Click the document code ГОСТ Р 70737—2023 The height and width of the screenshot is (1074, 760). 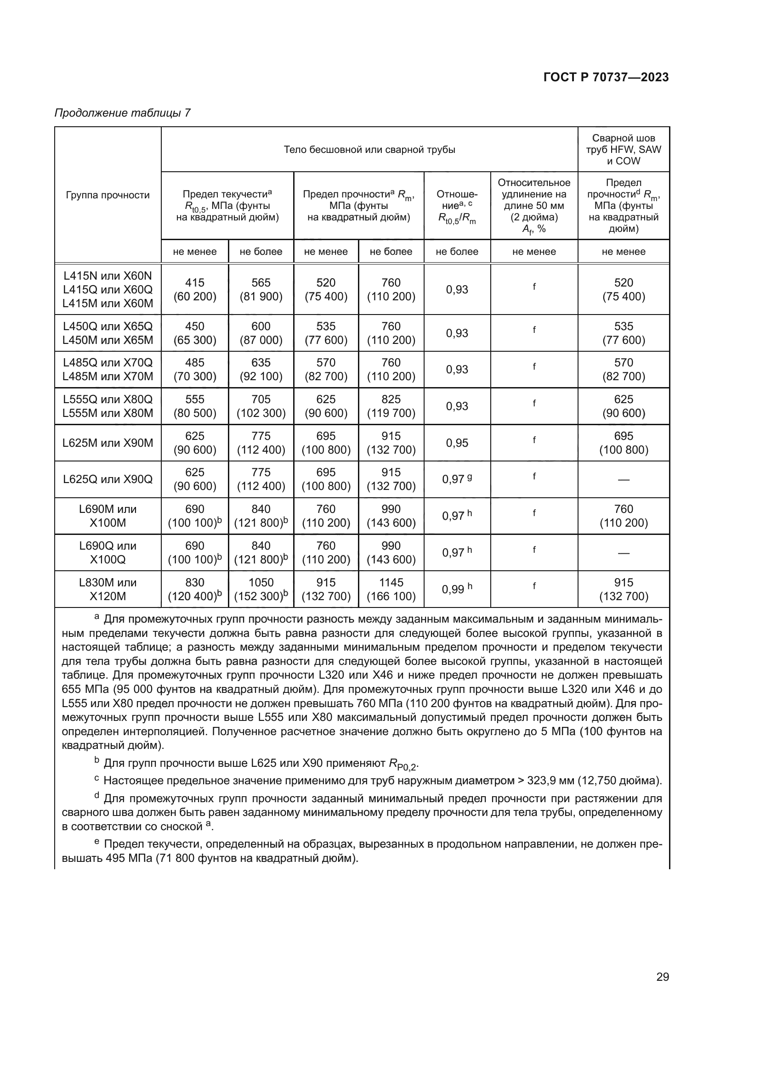point(606,77)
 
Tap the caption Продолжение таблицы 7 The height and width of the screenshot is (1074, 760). point(123,113)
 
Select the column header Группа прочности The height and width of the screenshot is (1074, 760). point(108,195)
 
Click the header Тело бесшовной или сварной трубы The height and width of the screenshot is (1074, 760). point(369,150)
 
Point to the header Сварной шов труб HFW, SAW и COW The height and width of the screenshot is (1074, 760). point(624,150)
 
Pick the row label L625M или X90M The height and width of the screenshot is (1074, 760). point(108,443)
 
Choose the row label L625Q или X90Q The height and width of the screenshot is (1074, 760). point(108,479)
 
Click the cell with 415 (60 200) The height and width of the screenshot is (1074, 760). point(195,289)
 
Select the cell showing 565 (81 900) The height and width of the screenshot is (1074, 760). point(261,289)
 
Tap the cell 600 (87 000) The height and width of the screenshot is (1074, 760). point(261,332)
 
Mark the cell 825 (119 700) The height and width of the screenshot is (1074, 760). point(391,406)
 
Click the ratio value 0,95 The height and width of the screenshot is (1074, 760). point(457,443)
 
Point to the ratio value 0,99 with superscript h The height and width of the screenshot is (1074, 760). point(457,589)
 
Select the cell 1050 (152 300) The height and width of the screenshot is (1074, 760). point(261,589)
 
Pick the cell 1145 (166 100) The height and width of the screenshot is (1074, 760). point(391,589)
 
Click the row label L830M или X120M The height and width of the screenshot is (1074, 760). point(108,589)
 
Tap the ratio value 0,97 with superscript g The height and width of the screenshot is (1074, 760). point(457,479)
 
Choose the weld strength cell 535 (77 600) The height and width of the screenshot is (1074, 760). point(624,332)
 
